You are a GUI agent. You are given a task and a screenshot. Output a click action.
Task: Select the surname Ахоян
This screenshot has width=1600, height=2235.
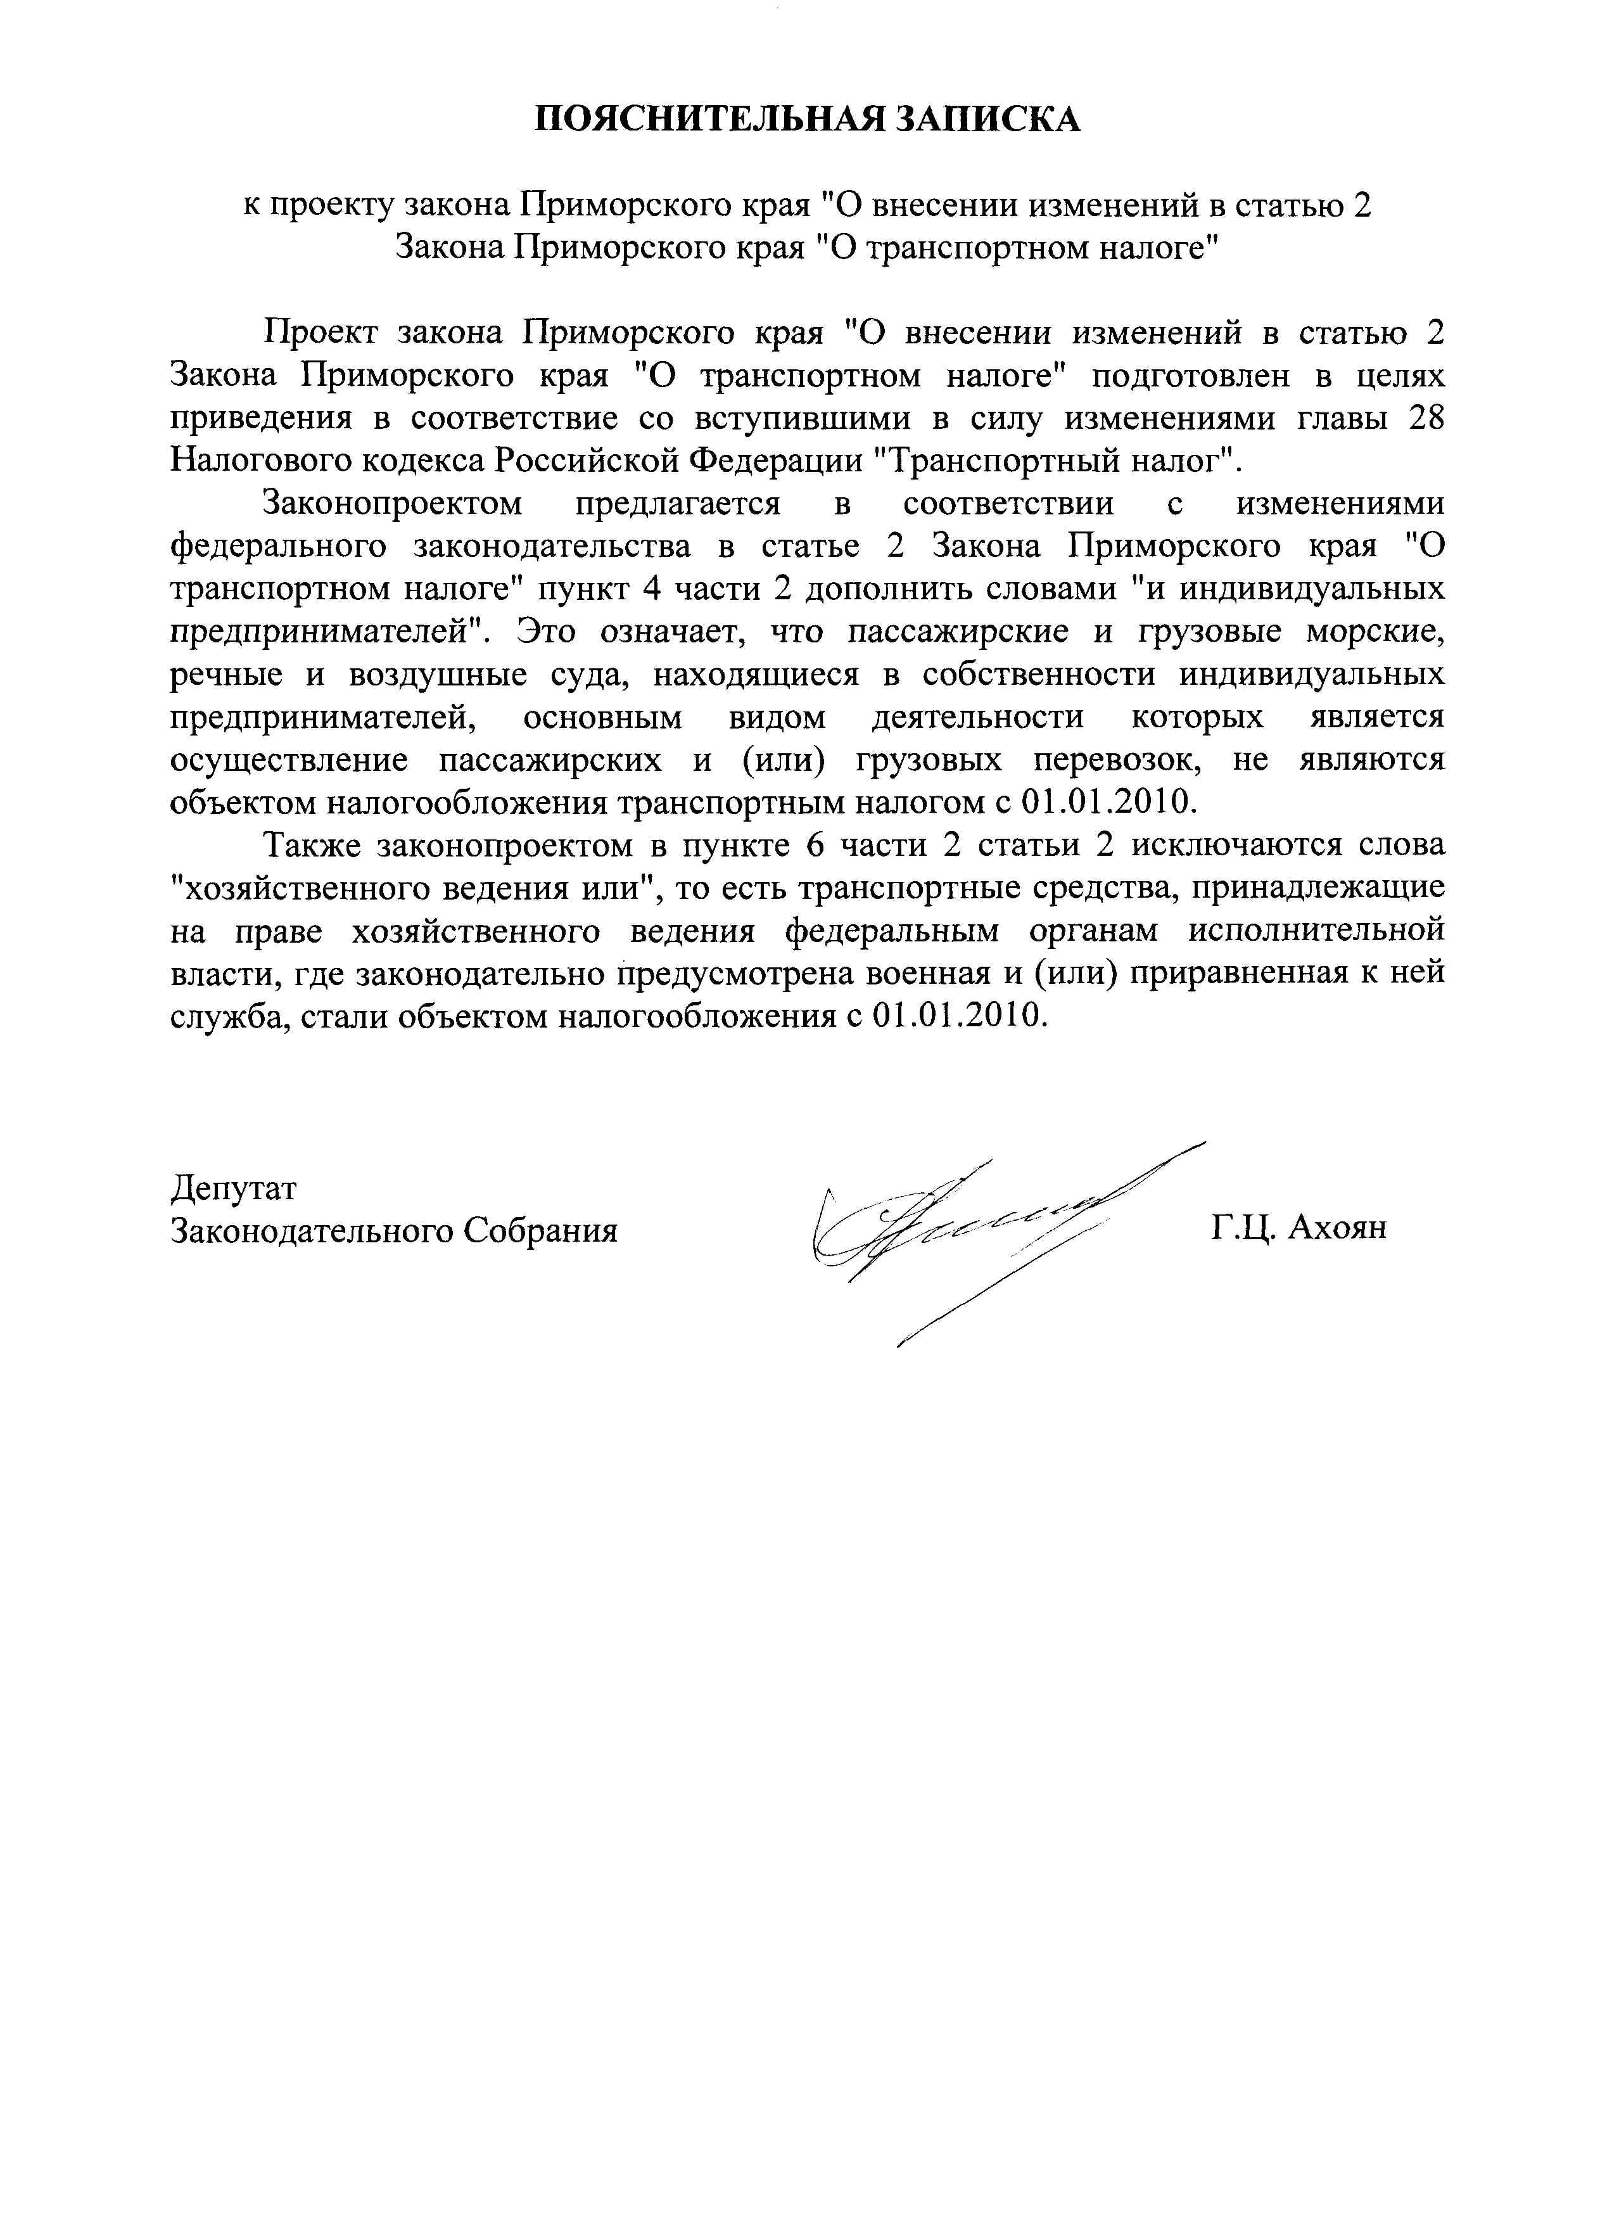1337,1228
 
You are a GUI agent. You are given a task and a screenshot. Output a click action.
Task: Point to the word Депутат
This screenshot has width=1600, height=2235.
234,1188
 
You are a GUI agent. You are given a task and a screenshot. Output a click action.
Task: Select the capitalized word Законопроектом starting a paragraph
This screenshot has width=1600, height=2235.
391,504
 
